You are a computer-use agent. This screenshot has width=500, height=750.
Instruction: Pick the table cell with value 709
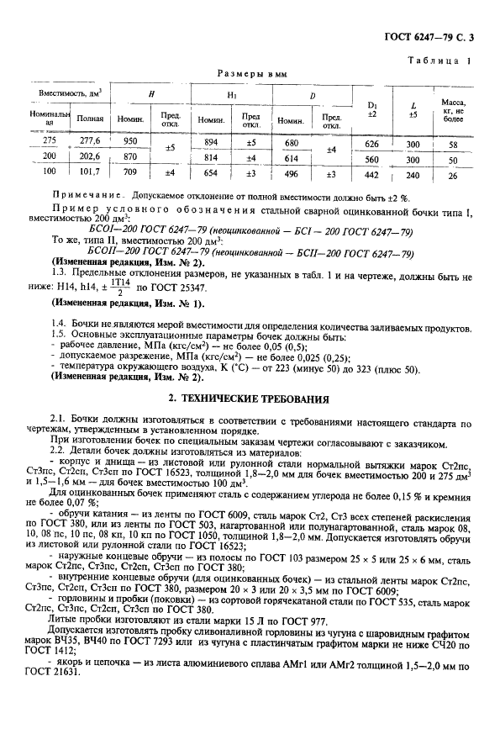(129, 174)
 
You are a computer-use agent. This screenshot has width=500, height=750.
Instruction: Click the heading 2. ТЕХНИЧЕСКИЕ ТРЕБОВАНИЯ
(250, 399)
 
